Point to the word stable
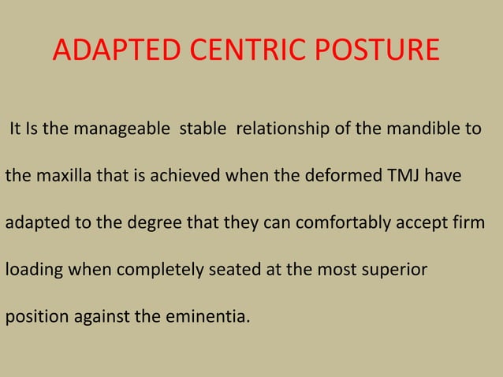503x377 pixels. coord(202,129)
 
